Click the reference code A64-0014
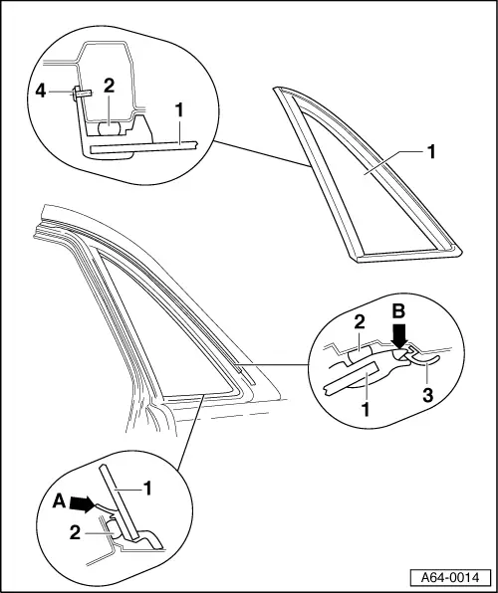(450, 577)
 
